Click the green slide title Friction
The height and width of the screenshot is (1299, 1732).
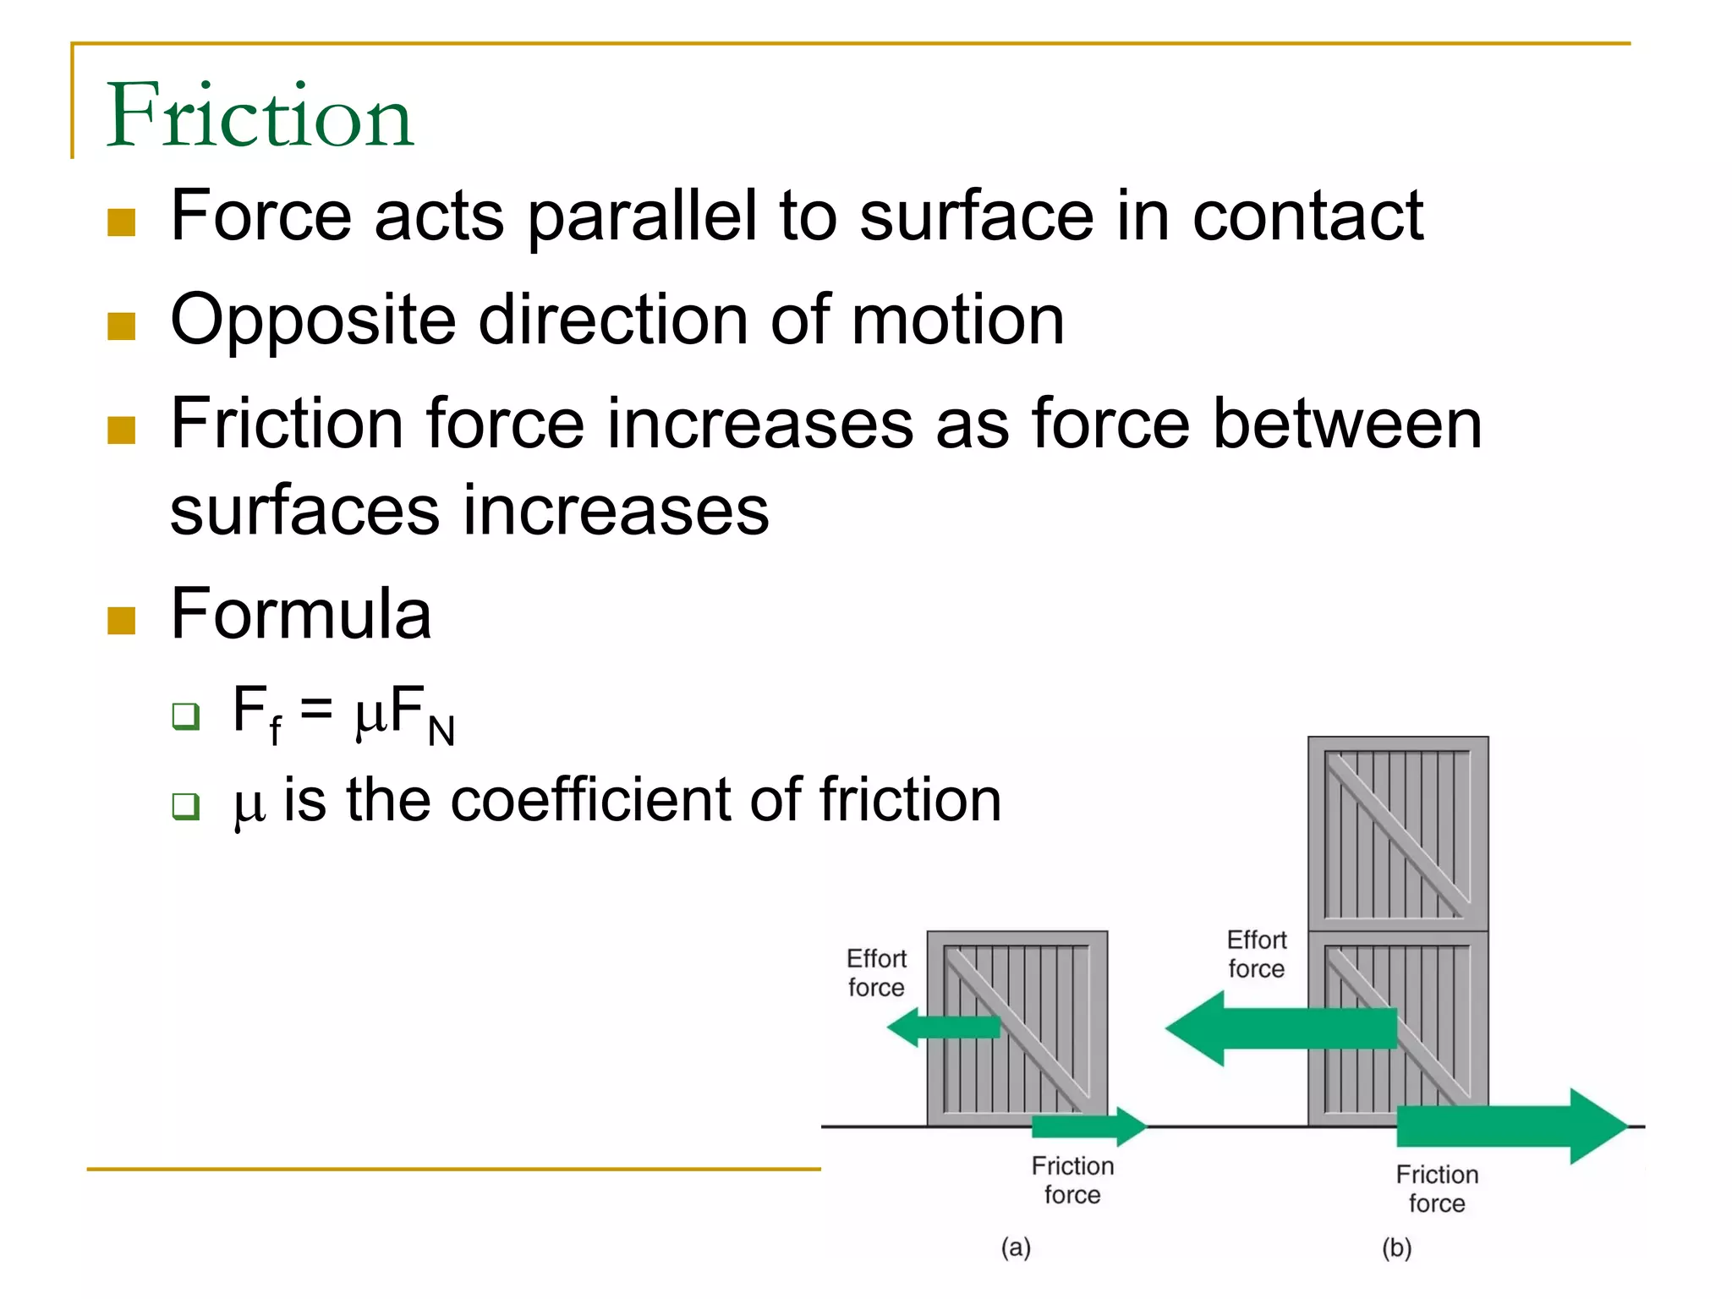[260, 116]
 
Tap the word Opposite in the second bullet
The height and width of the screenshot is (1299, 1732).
[313, 321]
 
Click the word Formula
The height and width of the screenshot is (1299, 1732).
[301, 614]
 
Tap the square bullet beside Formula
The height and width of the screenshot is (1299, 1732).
[122, 621]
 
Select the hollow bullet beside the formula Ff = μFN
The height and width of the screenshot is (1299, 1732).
[185, 716]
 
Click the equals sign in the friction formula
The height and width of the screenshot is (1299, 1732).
[316, 709]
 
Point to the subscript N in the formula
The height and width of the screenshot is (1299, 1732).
[441, 731]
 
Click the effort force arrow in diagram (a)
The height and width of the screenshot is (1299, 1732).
[943, 1028]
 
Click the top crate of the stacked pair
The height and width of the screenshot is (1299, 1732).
[1398, 834]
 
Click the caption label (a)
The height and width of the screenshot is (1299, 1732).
[1016, 1247]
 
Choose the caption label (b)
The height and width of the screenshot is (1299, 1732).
[1397, 1247]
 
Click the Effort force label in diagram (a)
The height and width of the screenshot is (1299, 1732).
[876, 973]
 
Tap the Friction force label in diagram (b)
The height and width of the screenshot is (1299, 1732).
[1437, 1188]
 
